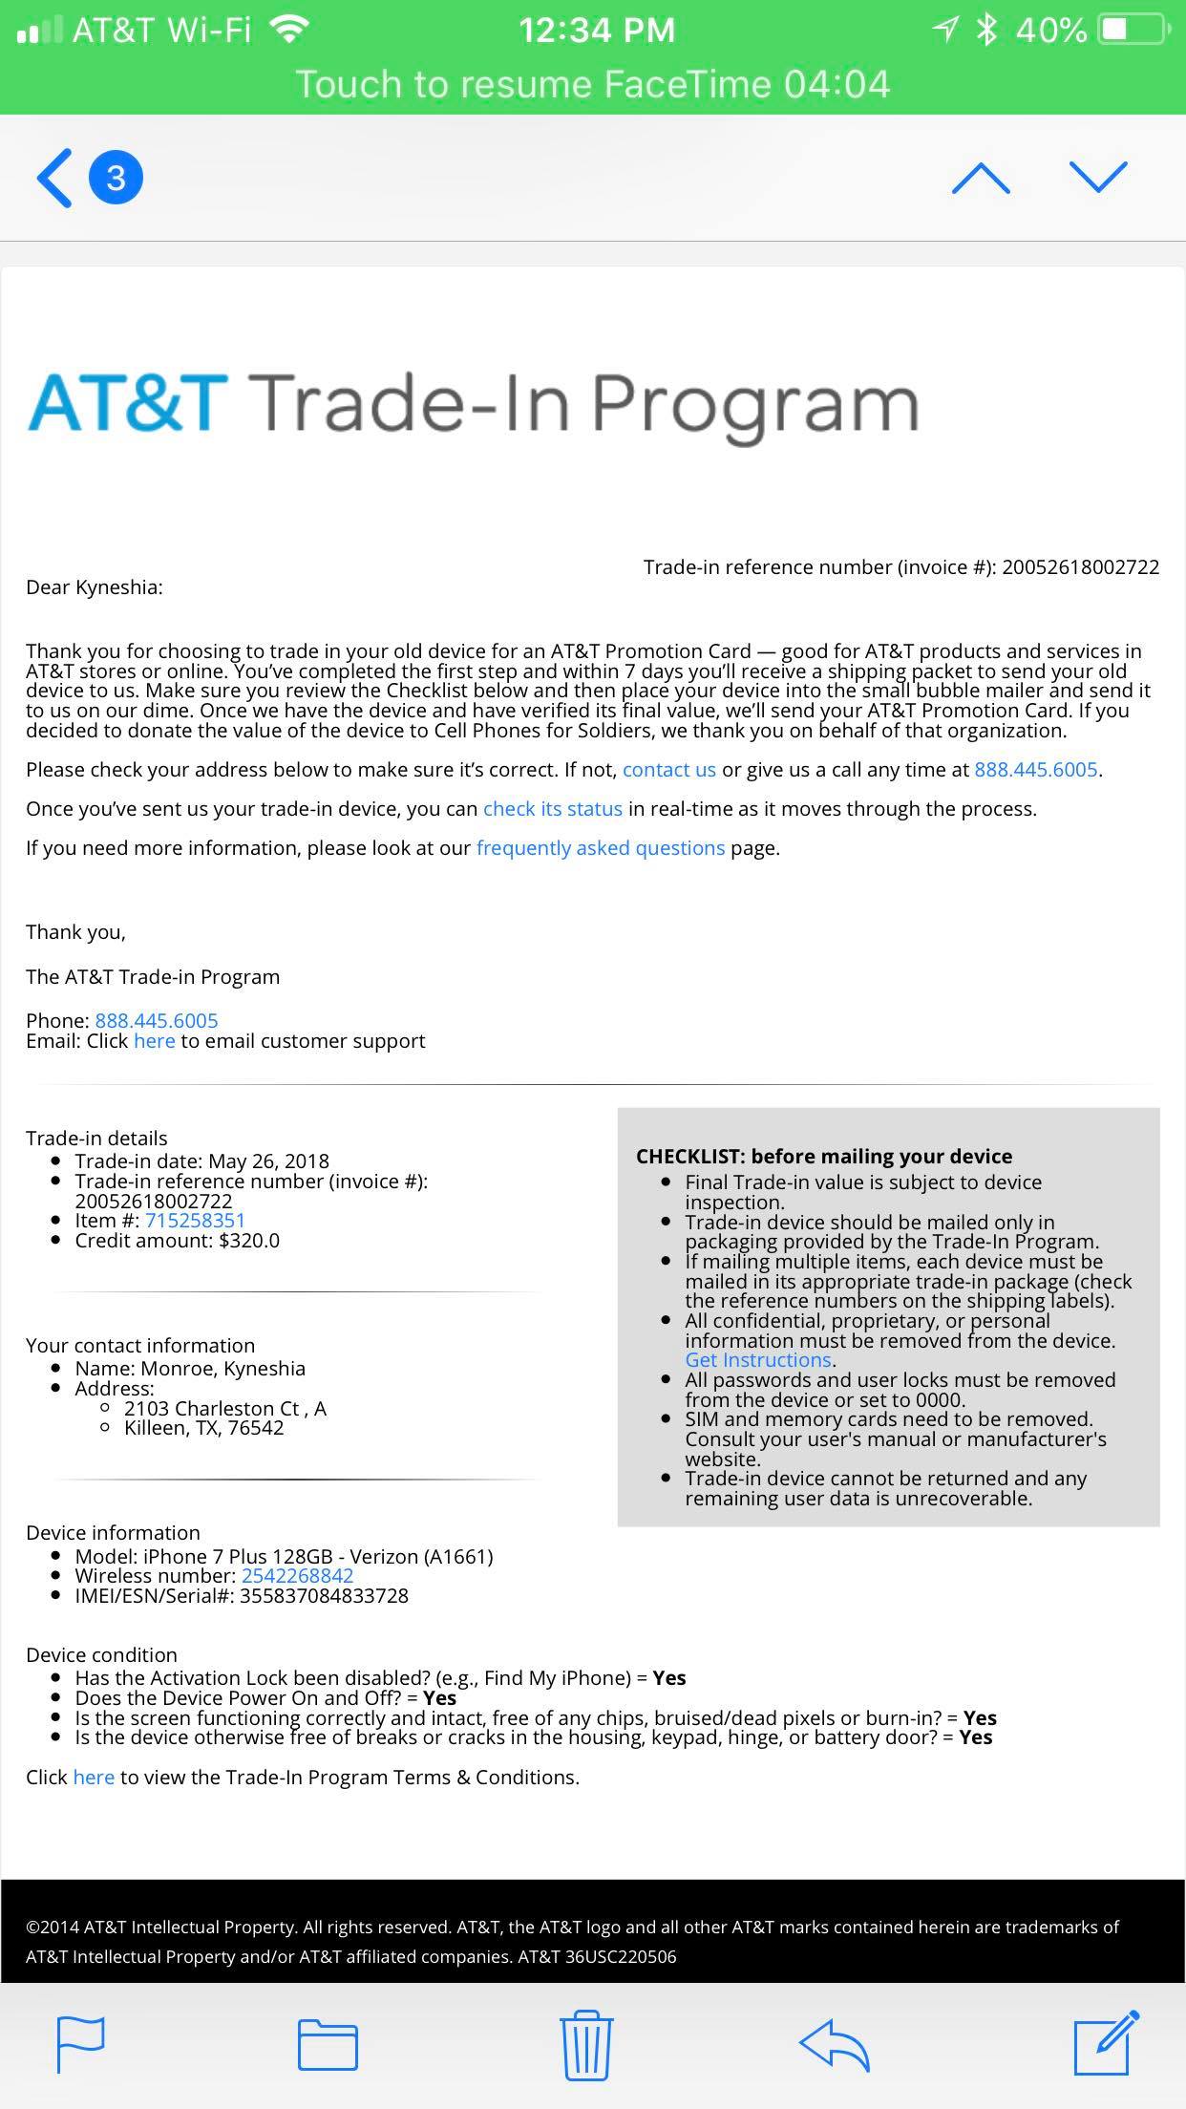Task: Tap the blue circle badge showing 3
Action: point(116,178)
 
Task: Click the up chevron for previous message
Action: point(981,178)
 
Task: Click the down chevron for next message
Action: point(1098,177)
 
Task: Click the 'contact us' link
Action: point(668,770)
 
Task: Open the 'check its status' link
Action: point(552,809)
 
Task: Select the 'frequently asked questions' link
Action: point(600,848)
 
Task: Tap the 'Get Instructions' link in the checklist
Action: point(758,1360)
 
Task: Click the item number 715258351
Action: point(195,1221)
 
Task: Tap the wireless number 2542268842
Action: point(297,1576)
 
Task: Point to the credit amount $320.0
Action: point(248,1241)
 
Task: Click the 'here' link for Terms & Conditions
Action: point(94,1778)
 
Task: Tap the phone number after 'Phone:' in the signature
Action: point(157,1021)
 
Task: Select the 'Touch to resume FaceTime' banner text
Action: point(592,84)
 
